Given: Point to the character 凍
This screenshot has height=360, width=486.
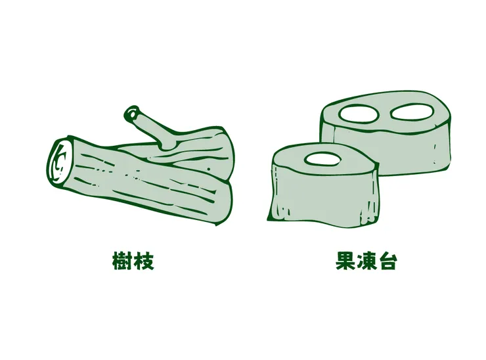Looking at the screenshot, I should [x=367, y=261].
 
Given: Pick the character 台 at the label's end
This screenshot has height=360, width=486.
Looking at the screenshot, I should [x=387, y=261].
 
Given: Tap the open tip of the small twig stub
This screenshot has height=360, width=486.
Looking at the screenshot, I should [x=134, y=114].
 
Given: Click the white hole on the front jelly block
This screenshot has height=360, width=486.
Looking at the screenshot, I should [x=322, y=158].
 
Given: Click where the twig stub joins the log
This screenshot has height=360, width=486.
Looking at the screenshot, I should [x=166, y=143].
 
